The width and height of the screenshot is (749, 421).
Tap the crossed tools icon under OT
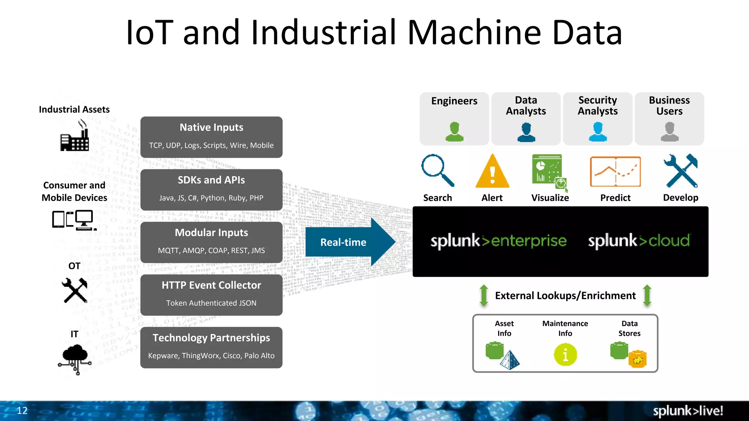click(x=75, y=291)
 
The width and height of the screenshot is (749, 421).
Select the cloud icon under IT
click(x=75, y=358)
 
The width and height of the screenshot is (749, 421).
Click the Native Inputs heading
click(x=211, y=128)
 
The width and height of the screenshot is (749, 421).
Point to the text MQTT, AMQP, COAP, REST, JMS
click(x=211, y=251)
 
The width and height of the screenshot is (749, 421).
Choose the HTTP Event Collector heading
click(x=211, y=285)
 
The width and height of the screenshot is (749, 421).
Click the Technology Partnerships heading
click(x=211, y=338)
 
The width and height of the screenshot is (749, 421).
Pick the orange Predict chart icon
click(x=615, y=172)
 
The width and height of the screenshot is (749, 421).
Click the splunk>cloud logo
click(x=639, y=241)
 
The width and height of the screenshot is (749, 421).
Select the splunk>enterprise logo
click(x=498, y=241)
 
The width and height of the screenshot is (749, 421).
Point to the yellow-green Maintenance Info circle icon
click(x=565, y=354)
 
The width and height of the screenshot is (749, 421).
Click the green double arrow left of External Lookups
click(x=483, y=295)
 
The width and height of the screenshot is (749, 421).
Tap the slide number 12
click(x=22, y=411)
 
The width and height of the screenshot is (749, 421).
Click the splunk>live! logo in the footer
click(x=688, y=411)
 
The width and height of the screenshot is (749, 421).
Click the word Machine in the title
click(x=474, y=33)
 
